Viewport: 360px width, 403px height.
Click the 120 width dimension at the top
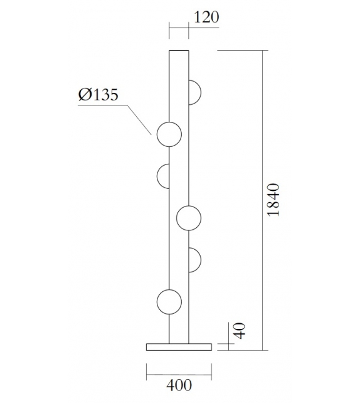click(206, 17)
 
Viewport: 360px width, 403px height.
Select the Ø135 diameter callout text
click(99, 95)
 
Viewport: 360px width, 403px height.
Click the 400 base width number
click(179, 384)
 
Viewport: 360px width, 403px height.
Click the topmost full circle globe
click(169, 134)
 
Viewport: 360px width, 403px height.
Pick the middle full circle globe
click(189, 218)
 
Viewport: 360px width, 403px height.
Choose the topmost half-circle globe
click(194, 93)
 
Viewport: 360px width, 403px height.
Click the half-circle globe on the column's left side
click(163, 176)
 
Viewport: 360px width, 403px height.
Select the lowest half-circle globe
click(194, 259)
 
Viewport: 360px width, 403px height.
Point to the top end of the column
click(179, 50)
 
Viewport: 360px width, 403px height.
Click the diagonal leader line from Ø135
click(139, 119)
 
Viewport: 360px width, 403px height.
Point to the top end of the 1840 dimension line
click(262, 50)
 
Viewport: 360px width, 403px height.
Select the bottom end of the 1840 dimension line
click(262, 350)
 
